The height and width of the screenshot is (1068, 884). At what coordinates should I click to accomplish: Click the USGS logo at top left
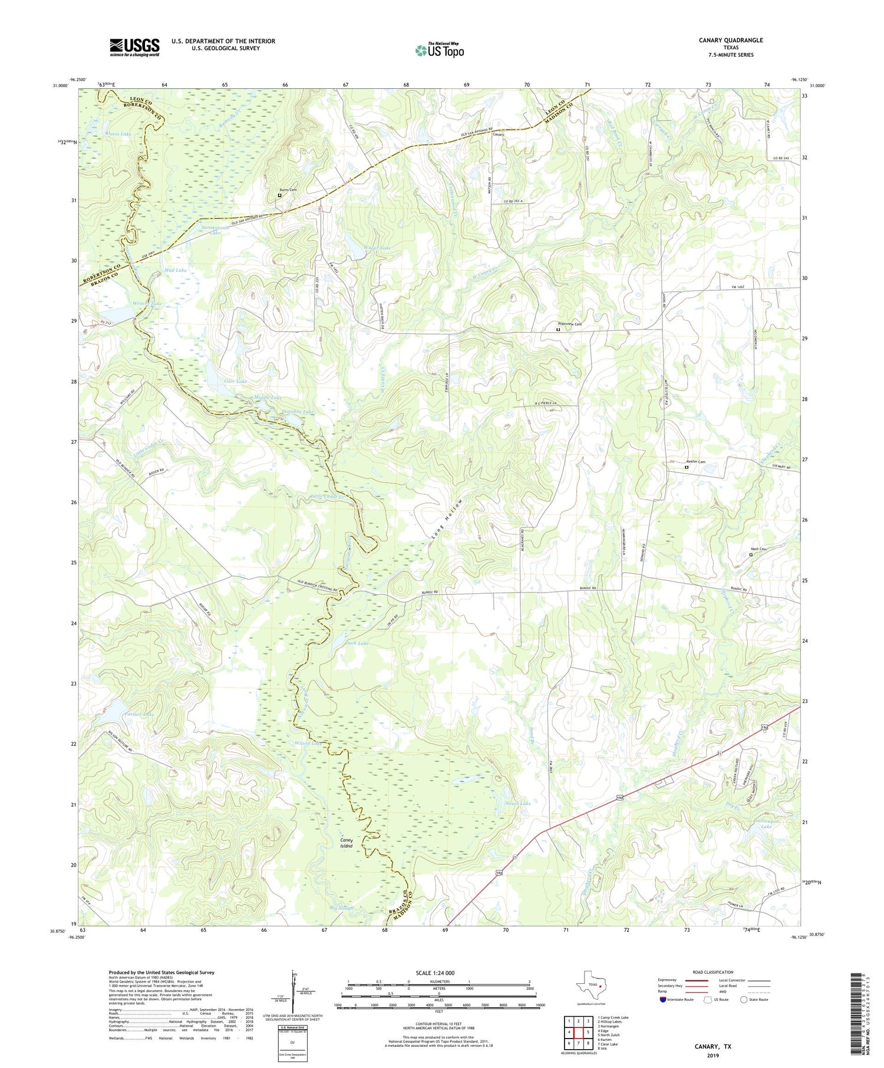pos(134,47)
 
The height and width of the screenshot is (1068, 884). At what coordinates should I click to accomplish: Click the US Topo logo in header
pos(439,50)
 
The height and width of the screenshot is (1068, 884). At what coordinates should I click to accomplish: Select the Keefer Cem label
pos(695,462)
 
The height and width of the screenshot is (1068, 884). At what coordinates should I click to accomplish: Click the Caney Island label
pos(346,843)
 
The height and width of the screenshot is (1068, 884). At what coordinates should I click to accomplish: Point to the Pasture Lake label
pos(139,715)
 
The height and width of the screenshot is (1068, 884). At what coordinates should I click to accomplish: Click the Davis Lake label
pos(118,134)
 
